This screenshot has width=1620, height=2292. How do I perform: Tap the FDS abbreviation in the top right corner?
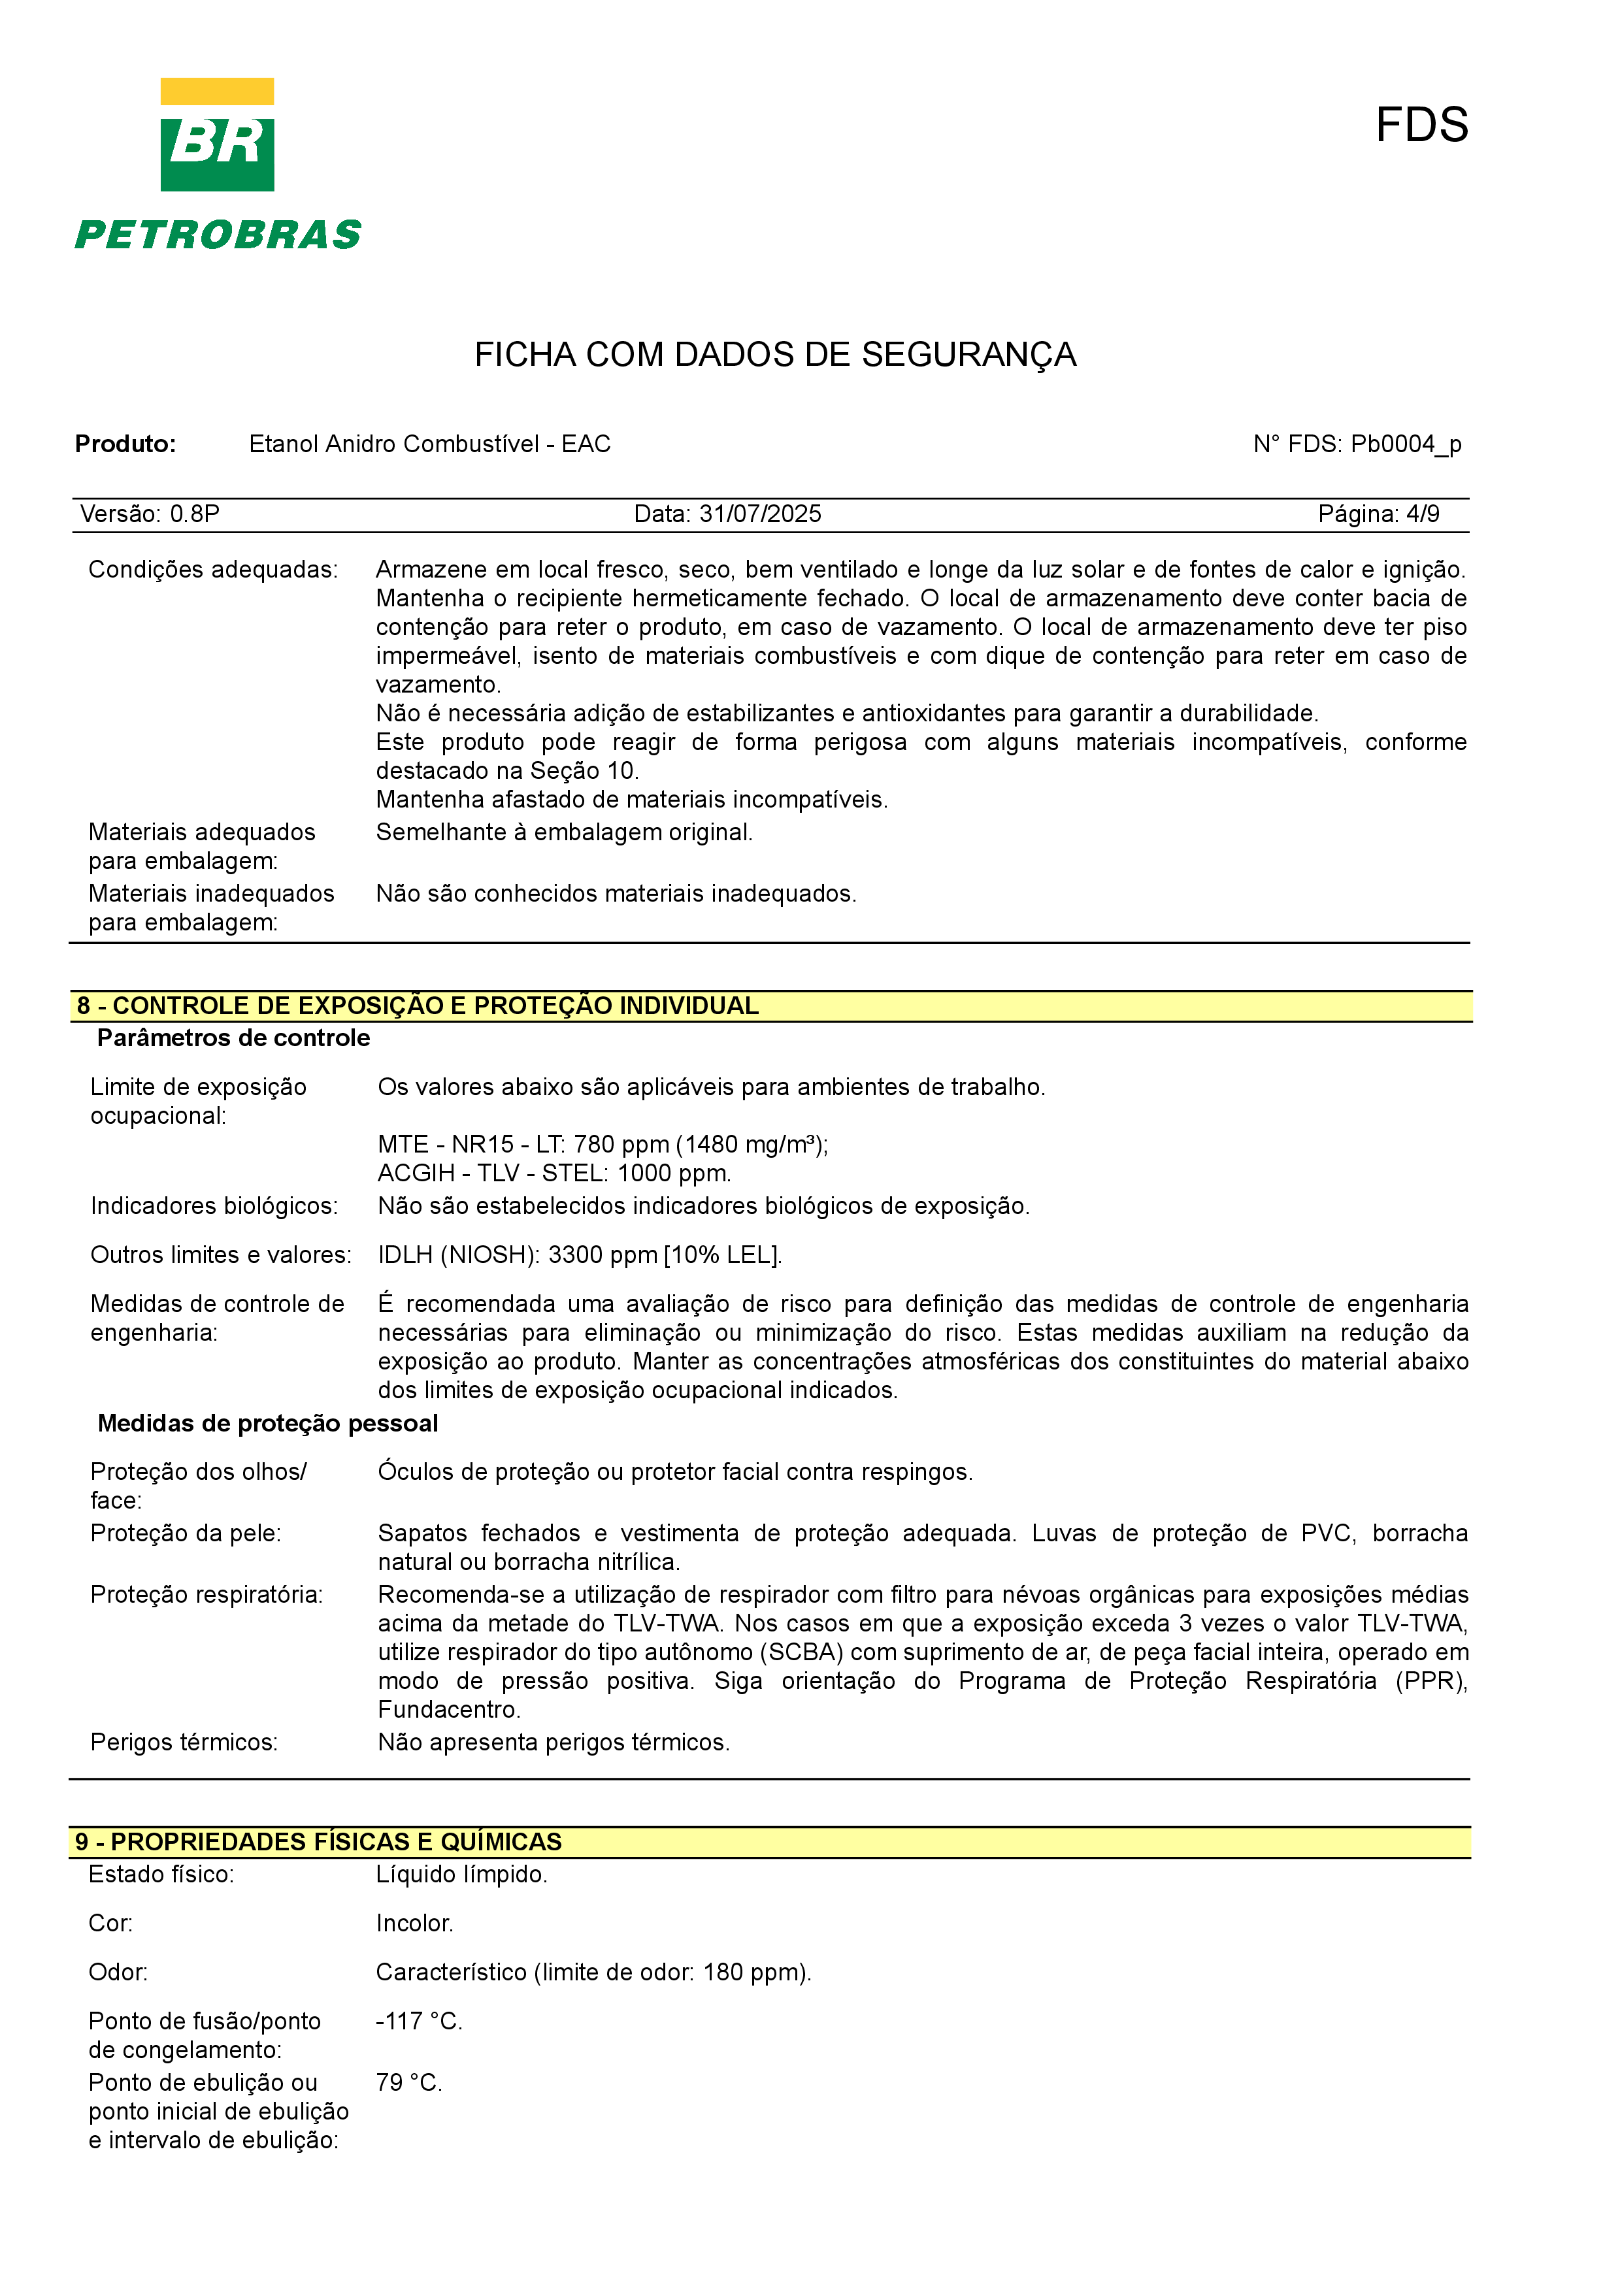click(x=1421, y=126)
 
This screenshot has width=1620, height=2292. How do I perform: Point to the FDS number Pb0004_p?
click(x=1406, y=444)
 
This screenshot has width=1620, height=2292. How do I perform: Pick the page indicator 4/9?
click(x=1423, y=514)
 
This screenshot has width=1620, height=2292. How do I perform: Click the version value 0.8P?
click(x=195, y=514)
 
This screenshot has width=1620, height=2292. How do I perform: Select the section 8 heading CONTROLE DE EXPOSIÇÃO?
click(x=417, y=1006)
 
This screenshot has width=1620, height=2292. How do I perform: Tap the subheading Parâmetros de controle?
click(x=233, y=1038)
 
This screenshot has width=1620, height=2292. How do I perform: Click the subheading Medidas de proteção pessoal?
click(x=267, y=1424)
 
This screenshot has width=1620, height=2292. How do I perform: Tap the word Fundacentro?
click(x=448, y=1710)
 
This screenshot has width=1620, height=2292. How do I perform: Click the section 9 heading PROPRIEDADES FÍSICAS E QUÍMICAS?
click(x=318, y=1842)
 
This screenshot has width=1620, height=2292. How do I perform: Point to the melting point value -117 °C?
click(x=418, y=2022)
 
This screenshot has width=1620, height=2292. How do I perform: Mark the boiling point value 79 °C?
click(x=408, y=2082)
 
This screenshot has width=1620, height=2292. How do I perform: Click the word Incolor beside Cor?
click(x=414, y=1924)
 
